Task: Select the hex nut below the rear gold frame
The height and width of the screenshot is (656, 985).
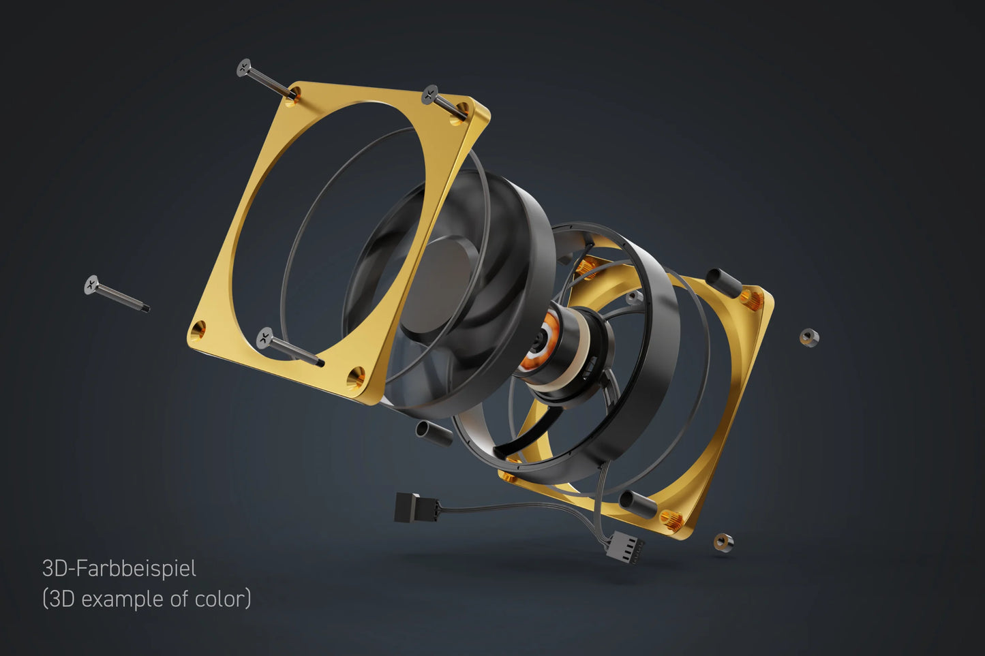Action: (x=723, y=542)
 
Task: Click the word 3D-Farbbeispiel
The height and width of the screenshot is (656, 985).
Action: (x=119, y=568)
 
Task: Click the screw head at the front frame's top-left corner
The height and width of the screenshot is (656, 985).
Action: (x=245, y=67)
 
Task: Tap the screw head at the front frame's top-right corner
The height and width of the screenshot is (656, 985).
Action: (x=430, y=94)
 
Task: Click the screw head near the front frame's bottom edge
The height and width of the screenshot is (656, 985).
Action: (x=265, y=336)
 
